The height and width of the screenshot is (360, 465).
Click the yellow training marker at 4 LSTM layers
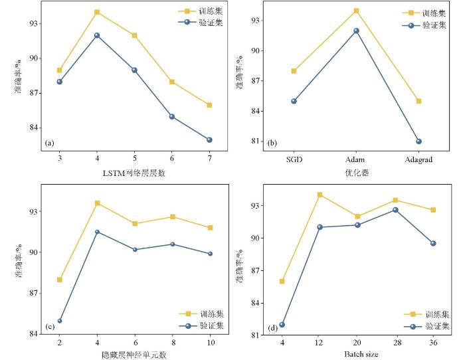(x=97, y=12)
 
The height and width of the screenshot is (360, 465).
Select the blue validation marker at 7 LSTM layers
(x=210, y=139)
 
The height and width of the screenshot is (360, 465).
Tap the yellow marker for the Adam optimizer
(x=356, y=11)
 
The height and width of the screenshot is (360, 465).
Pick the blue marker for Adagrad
(x=418, y=141)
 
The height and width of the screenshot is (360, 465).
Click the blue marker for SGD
(x=294, y=101)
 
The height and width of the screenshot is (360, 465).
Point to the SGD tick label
(x=294, y=161)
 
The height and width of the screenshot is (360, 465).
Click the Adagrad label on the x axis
(x=418, y=161)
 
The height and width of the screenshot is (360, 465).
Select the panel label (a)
(x=49, y=143)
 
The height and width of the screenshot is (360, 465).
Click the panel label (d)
(x=272, y=327)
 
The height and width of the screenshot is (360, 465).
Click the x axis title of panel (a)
(x=134, y=174)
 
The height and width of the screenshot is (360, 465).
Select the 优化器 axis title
(x=356, y=173)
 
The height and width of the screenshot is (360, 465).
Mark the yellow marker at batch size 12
(x=320, y=195)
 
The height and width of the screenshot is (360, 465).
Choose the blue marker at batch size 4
(x=282, y=325)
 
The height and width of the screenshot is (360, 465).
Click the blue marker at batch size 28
(x=395, y=210)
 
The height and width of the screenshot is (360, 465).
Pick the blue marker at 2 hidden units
(x=59, y=321)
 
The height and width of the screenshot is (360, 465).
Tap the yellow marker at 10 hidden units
(x=210, y=228)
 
